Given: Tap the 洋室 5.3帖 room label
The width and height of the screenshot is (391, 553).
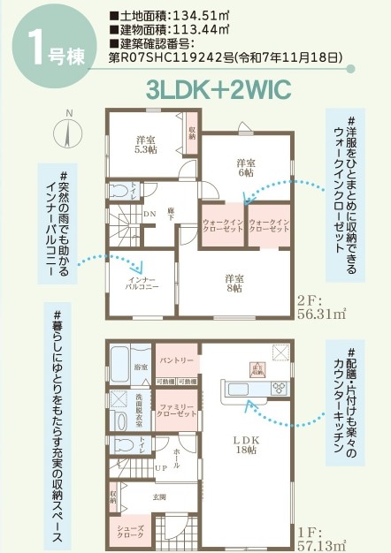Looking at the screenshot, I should click(x=146, y=144).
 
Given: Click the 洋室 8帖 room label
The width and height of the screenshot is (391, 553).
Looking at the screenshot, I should click(x=234, y=282).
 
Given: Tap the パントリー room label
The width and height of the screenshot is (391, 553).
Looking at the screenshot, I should click(x=176, y=361).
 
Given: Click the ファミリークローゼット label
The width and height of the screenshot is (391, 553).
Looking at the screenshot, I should click(x=176, y=410).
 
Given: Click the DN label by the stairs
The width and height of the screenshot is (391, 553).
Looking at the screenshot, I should click(x=149, y=212).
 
